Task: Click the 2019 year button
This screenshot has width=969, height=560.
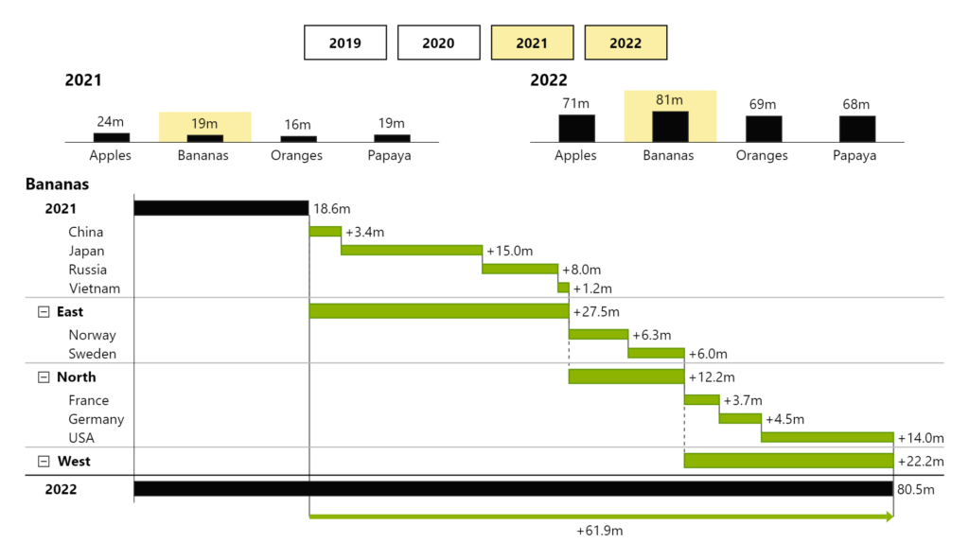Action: point(345,43)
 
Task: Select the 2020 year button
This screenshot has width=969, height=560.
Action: point(438,43)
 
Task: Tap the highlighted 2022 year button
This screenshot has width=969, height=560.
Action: point(625,43)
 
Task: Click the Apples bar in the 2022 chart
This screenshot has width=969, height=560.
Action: point(576,129)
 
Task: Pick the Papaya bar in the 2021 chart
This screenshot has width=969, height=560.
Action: point(392,138)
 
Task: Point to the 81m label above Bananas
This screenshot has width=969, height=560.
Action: point(669,99)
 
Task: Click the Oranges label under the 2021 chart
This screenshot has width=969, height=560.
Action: point(296,155)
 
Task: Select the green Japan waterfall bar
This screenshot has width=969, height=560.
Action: point(412,251)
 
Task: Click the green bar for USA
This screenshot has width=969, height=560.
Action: point(827,438)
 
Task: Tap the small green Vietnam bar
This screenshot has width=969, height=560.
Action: point(564,288)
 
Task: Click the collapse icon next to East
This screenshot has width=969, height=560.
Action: point(44,312)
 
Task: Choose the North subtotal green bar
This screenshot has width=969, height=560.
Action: point(625,376)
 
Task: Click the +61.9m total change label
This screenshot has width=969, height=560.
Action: point(600,532)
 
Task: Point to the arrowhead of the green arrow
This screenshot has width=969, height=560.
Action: point(889,517)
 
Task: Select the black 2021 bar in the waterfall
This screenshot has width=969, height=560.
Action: point(221,208)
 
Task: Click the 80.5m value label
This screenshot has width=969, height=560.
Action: point(916,489)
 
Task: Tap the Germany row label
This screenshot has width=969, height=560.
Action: point(97,419)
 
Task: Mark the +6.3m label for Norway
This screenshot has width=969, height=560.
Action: point(652,335)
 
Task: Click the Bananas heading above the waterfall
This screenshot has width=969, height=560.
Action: point(57,184)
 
